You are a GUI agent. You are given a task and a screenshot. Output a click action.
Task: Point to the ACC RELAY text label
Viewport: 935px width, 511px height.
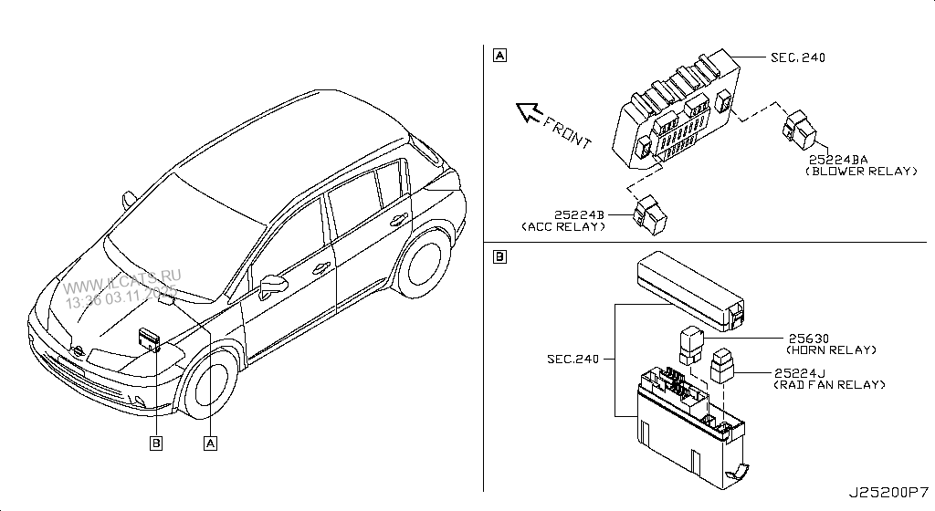coord(563,225)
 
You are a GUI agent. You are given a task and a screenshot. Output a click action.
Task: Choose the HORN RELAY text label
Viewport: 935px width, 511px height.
coord(830,349)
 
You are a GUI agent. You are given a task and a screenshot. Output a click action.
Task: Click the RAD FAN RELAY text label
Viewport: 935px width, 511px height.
coord(830,385)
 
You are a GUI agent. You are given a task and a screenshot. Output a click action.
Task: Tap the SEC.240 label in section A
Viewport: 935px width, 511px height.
coord(797,57)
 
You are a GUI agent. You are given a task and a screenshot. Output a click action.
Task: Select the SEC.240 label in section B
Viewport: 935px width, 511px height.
coord(573,359)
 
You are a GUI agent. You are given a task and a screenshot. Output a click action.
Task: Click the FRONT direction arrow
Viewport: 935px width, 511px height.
coord(528,112)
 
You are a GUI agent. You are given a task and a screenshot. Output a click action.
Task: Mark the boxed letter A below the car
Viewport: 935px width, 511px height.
coord(210,443)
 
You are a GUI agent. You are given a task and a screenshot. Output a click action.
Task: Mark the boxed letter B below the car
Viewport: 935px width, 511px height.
coord(155,443)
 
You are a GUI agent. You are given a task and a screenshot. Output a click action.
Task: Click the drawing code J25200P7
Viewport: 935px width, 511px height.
coord(888,494)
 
